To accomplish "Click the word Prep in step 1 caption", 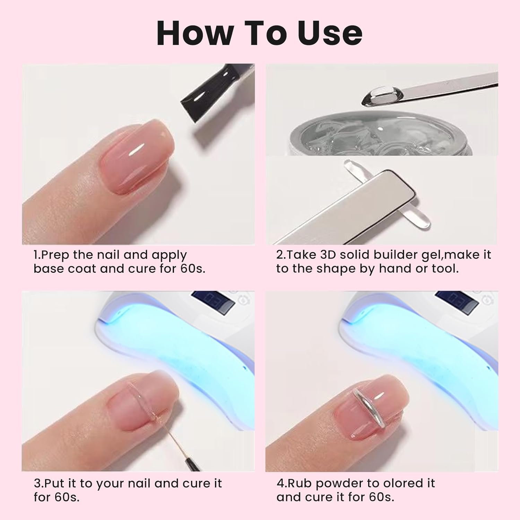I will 56,255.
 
